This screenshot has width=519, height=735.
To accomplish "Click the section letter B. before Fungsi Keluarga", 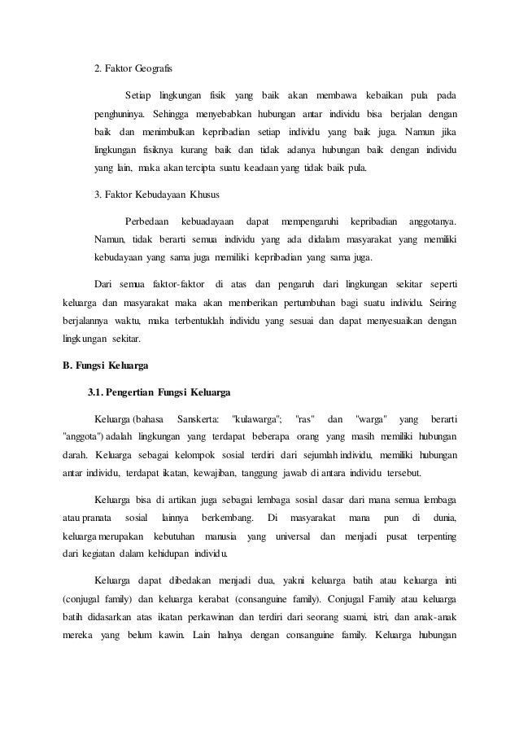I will [68, 364].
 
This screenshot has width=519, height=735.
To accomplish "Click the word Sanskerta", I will [197, 418].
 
